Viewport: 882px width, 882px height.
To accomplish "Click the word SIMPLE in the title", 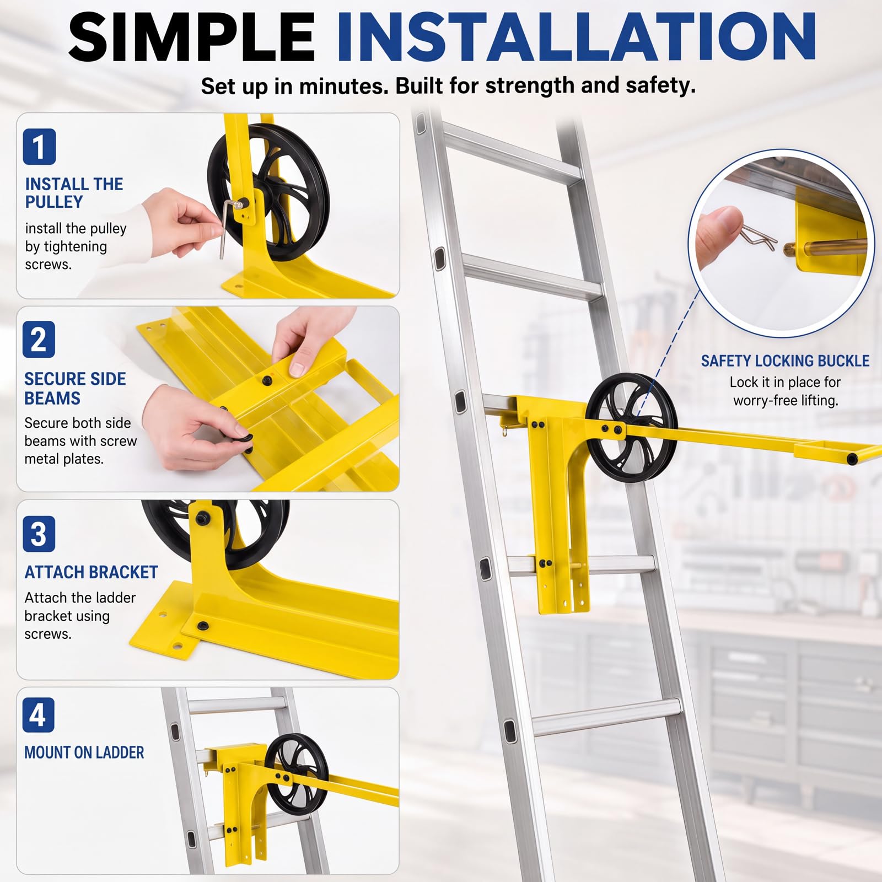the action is (192, 37).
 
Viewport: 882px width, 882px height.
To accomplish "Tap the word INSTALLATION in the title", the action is (577, 37).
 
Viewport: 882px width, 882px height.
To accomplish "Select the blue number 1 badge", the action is (39, 147).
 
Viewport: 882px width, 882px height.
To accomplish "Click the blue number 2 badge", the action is (39, 339).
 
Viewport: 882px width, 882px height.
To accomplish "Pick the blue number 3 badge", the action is (39, 534).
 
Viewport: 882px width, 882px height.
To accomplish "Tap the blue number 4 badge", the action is (38, 715).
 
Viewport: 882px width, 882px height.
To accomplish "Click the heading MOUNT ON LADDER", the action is (84, 752).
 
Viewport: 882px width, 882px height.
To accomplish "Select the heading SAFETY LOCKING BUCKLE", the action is (785, 361).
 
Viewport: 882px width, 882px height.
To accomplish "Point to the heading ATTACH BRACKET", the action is (91, 572).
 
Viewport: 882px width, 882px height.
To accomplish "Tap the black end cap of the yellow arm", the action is (853, 459).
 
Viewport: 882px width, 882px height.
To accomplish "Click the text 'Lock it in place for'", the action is (785, 382).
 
